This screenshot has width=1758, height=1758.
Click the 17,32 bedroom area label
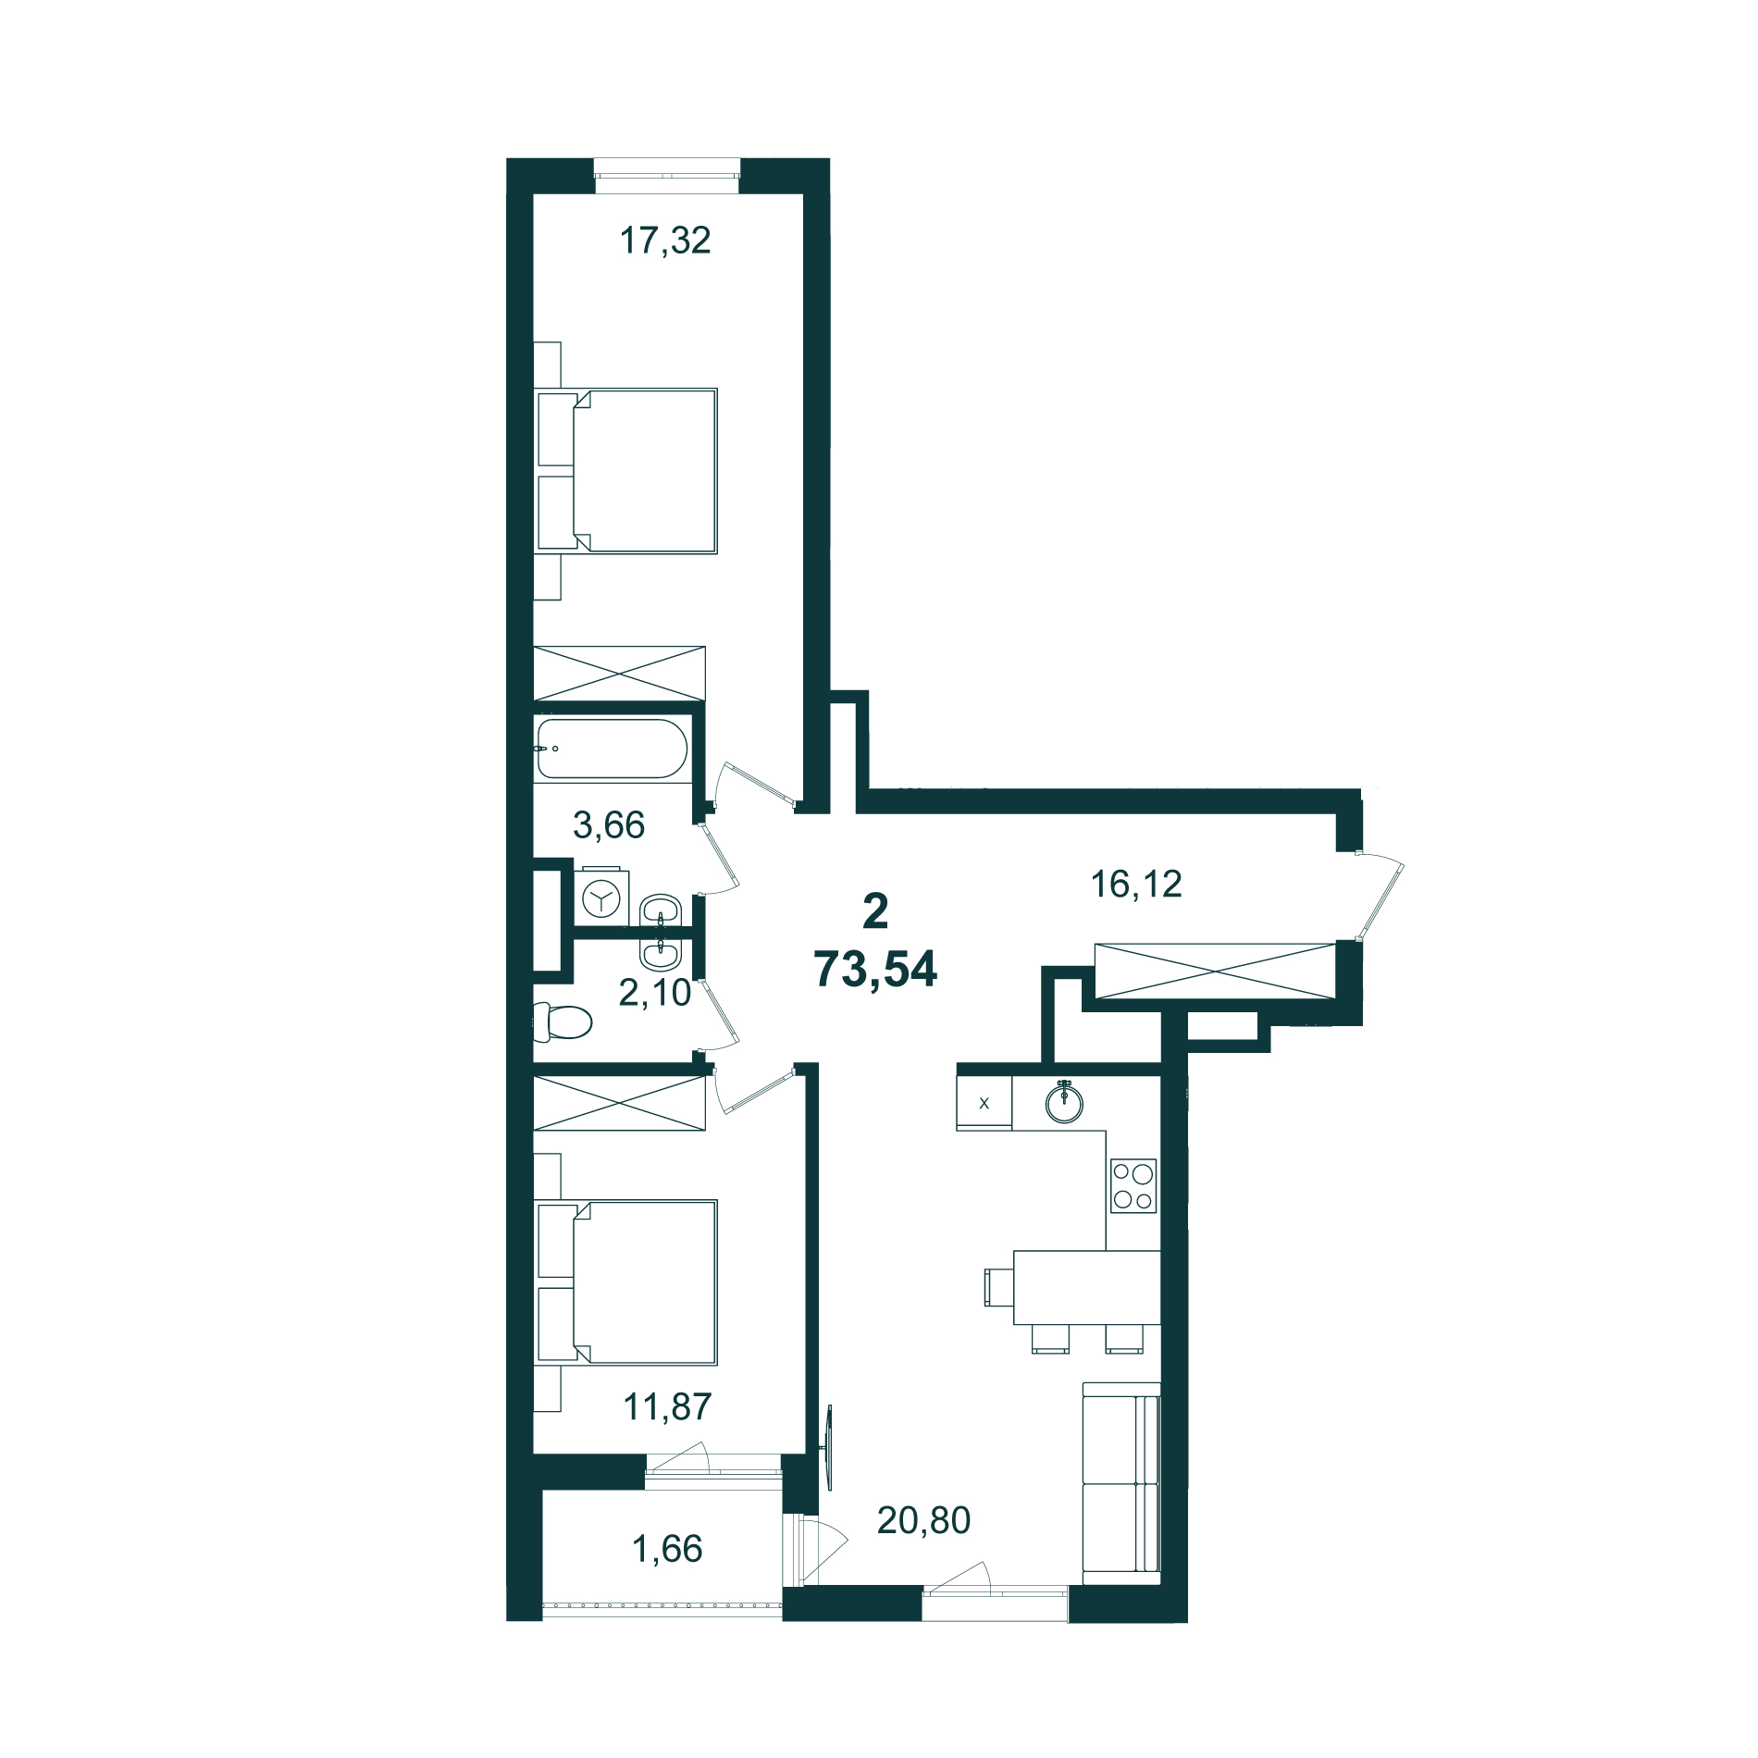(x=665, y=241)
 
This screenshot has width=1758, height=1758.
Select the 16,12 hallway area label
(x=1136, y=885)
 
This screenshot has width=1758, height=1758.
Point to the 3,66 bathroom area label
(x=609, y=824)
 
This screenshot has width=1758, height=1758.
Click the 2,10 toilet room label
(x=655, y=993)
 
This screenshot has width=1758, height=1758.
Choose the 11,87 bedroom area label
(x=667, y=1407)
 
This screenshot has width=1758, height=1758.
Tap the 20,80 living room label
(x=923, y=1520)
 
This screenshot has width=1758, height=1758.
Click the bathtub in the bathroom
(x=612, y=749)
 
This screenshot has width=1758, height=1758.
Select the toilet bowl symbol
(x=563, y=1021)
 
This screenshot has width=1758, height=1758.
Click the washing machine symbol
(x=601, y=897)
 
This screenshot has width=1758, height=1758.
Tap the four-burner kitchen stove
(x=1133, y=1186)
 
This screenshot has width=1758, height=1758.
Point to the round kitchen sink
(x=1064, y=1102)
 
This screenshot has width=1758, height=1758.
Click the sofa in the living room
(x=1121, y=1478)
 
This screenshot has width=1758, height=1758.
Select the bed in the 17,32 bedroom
(x=626, y=471)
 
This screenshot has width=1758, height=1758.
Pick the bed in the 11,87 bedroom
(x=626, y=1282)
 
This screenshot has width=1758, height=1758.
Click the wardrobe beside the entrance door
(x=1216, y=971)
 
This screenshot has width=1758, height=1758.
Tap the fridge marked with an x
(x=984, y=1102)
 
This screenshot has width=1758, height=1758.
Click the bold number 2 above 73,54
(x=875, y=911)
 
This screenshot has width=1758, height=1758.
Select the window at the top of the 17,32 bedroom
(x=667, y=176)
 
